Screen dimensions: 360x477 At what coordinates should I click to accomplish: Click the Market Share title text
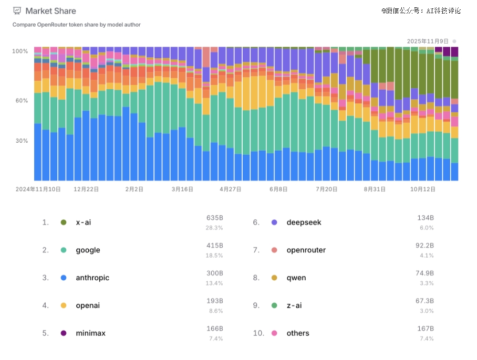point(50,11)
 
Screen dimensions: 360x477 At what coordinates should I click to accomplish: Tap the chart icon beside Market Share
point(17,11)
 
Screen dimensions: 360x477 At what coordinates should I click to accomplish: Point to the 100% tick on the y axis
point(20,51)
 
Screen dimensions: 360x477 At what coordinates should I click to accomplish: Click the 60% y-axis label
point(22,100)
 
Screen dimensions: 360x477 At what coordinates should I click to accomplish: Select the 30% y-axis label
point(22,141)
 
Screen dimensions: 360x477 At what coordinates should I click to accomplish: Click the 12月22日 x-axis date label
point(86,189)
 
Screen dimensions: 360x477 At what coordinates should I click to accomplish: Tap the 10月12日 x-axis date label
point(423,189)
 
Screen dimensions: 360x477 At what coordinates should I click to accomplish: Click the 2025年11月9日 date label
point(428,41)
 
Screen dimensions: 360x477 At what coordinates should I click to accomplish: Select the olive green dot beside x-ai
point(64,223)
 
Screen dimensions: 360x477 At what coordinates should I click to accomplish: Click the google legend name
point(88,250)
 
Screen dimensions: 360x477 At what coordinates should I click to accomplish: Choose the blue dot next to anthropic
point(64,278)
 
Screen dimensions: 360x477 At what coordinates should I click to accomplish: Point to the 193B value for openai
point(215,301)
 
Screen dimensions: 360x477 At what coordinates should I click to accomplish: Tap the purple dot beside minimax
point(64,333)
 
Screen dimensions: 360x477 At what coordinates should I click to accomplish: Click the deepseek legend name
point(304,223)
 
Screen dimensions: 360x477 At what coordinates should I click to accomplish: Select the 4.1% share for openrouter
point(427,255)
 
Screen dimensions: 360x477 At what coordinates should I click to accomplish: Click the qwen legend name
point(296,278)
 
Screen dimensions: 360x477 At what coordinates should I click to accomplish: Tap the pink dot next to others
point(274,333)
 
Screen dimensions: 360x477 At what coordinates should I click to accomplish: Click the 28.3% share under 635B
point(214,228)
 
